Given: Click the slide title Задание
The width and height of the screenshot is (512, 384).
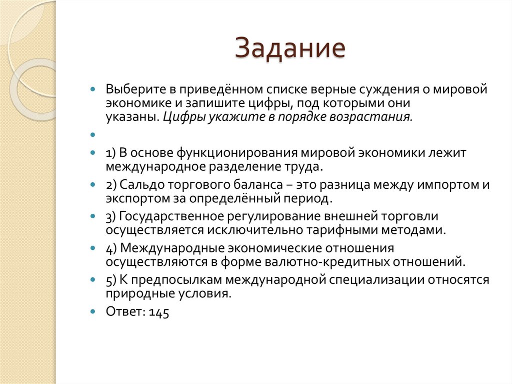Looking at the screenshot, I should (290, 49).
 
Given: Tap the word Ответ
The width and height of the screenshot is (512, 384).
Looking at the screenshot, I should (125, 312).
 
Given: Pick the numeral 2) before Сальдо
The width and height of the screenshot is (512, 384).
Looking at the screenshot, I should (111, 184).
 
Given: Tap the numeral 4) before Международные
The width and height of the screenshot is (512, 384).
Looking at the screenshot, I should (111, 248).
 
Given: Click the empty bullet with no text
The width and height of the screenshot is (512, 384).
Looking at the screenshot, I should (92, 135).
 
